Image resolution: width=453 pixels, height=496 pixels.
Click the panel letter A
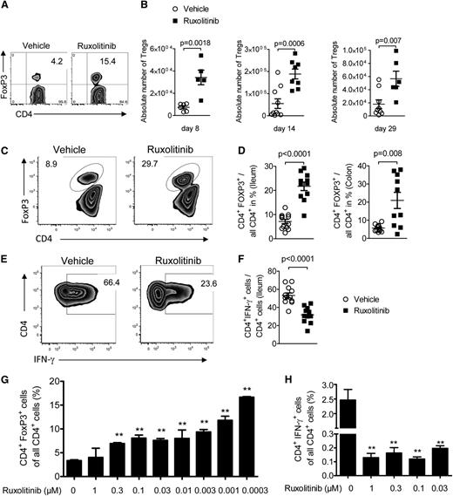[7, 7]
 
